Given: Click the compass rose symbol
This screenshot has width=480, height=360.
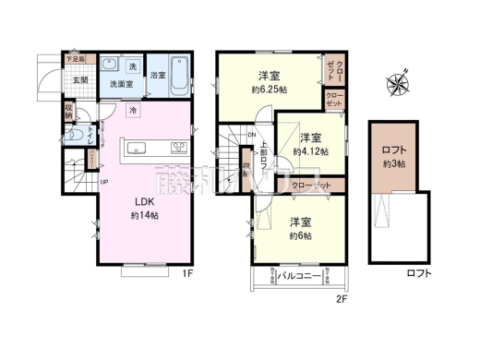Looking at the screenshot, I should [x=398, y=84].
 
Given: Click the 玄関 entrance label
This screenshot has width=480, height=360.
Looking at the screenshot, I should [x=80, y=80].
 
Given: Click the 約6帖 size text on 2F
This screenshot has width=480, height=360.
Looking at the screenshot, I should [x=298, y=235].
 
